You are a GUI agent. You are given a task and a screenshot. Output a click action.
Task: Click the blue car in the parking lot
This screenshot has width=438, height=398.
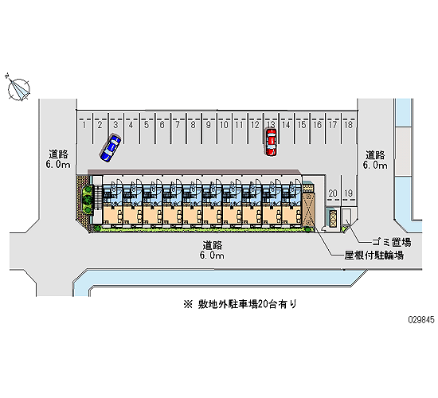[111, 148]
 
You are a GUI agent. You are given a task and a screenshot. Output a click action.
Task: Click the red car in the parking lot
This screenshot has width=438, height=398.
[271, 142]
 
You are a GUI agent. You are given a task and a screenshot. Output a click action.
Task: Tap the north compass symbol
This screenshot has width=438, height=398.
[18, 88]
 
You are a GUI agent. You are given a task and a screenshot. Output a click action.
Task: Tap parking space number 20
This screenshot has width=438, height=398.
[333, 193]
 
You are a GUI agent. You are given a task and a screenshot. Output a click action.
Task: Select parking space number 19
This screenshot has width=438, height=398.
[348, 193]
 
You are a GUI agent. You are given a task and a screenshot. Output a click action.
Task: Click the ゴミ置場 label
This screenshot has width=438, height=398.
[391, 242]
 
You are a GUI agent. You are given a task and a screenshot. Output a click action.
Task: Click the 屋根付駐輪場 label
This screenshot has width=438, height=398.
[373, 255]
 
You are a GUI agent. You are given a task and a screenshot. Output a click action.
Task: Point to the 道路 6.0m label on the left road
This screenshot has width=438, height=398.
[58, 159]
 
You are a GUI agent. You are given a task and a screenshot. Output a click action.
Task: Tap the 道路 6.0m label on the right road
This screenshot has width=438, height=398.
[375, 160]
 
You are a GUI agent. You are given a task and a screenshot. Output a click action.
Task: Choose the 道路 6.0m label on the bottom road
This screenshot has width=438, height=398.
[212, 250]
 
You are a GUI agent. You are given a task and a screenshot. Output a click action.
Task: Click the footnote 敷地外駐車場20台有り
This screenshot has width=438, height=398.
[240, 304]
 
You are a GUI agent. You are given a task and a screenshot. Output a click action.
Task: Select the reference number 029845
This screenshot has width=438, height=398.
[421, 319]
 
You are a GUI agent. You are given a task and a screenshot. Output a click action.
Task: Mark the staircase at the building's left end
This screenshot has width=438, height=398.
[98, 197]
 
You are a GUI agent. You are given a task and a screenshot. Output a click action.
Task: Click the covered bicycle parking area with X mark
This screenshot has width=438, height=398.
[308, 209]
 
